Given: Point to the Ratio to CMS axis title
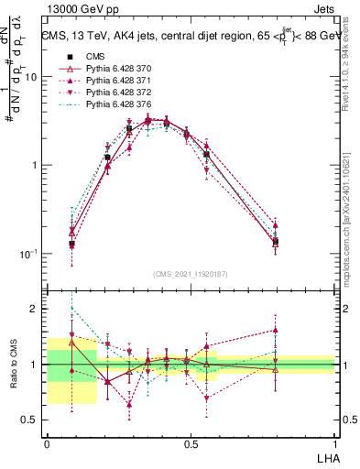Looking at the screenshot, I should pos(13,364).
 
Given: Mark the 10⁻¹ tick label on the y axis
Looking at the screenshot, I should pos(28,254).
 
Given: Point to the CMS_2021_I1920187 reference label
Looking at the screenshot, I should pos(191,274).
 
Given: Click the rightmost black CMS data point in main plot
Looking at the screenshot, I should pos(276,242).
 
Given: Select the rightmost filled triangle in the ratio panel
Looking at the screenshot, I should pos(276,331).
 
